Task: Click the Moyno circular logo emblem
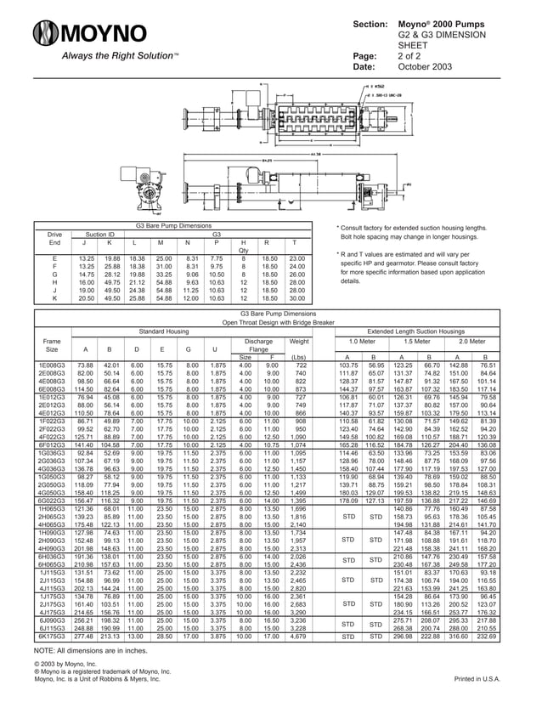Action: point(47,35)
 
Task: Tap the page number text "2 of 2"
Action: point(411,55)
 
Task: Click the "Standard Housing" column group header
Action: point(164,331)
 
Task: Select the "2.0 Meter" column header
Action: point(471,341)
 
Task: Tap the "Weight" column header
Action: point(298,341)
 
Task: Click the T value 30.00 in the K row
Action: point(296,298)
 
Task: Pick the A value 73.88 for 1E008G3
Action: point(85,365)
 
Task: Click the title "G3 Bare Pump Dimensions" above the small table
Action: point(173,225)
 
